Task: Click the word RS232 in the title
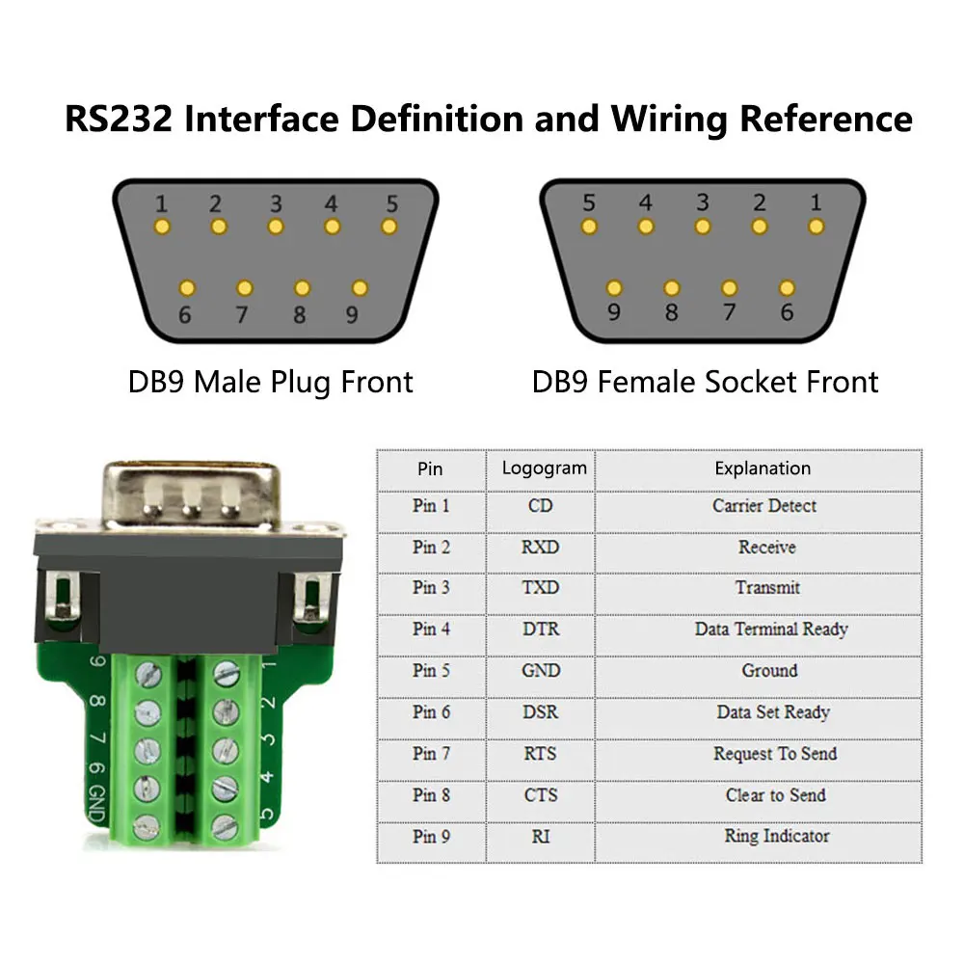click(117, 120)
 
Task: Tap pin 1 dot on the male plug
click(162, 227)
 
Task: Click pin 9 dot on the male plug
click(360, 287)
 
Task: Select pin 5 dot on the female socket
click(589, 227)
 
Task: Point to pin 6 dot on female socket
click(787, 287)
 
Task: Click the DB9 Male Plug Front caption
click(270, 382)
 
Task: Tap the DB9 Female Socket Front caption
click(705, 382)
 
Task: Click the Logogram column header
click(544, 469)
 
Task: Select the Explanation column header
click(762, 469)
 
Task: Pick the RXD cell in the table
click(540, 547)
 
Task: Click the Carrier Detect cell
click(763, 505)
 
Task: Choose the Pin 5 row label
click(431, 670)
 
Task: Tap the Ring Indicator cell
click(776, 836)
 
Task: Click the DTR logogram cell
click(540, 629)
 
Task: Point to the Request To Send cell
click(774, 753)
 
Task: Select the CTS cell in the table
click(540, 794)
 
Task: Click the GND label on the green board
click(96, 802)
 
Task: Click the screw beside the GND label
click(146, 825)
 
